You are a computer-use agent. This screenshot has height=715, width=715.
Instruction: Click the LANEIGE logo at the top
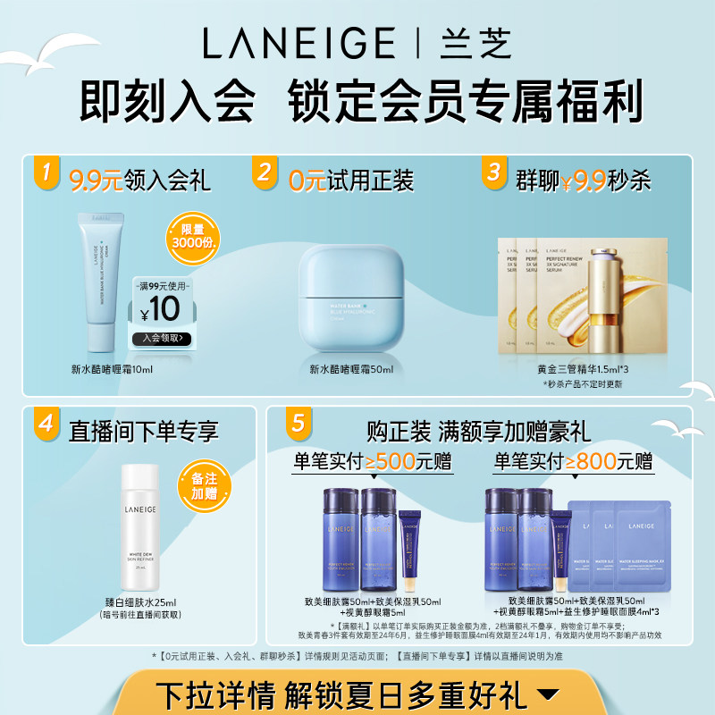click(x=299, y=42)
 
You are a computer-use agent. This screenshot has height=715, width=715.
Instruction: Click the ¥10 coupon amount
click(x=162, y=310)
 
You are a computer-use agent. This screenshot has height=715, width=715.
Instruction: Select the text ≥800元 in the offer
click(x=608, y=461)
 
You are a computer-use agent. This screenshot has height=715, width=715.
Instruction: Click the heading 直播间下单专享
click(x=144, y=433)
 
